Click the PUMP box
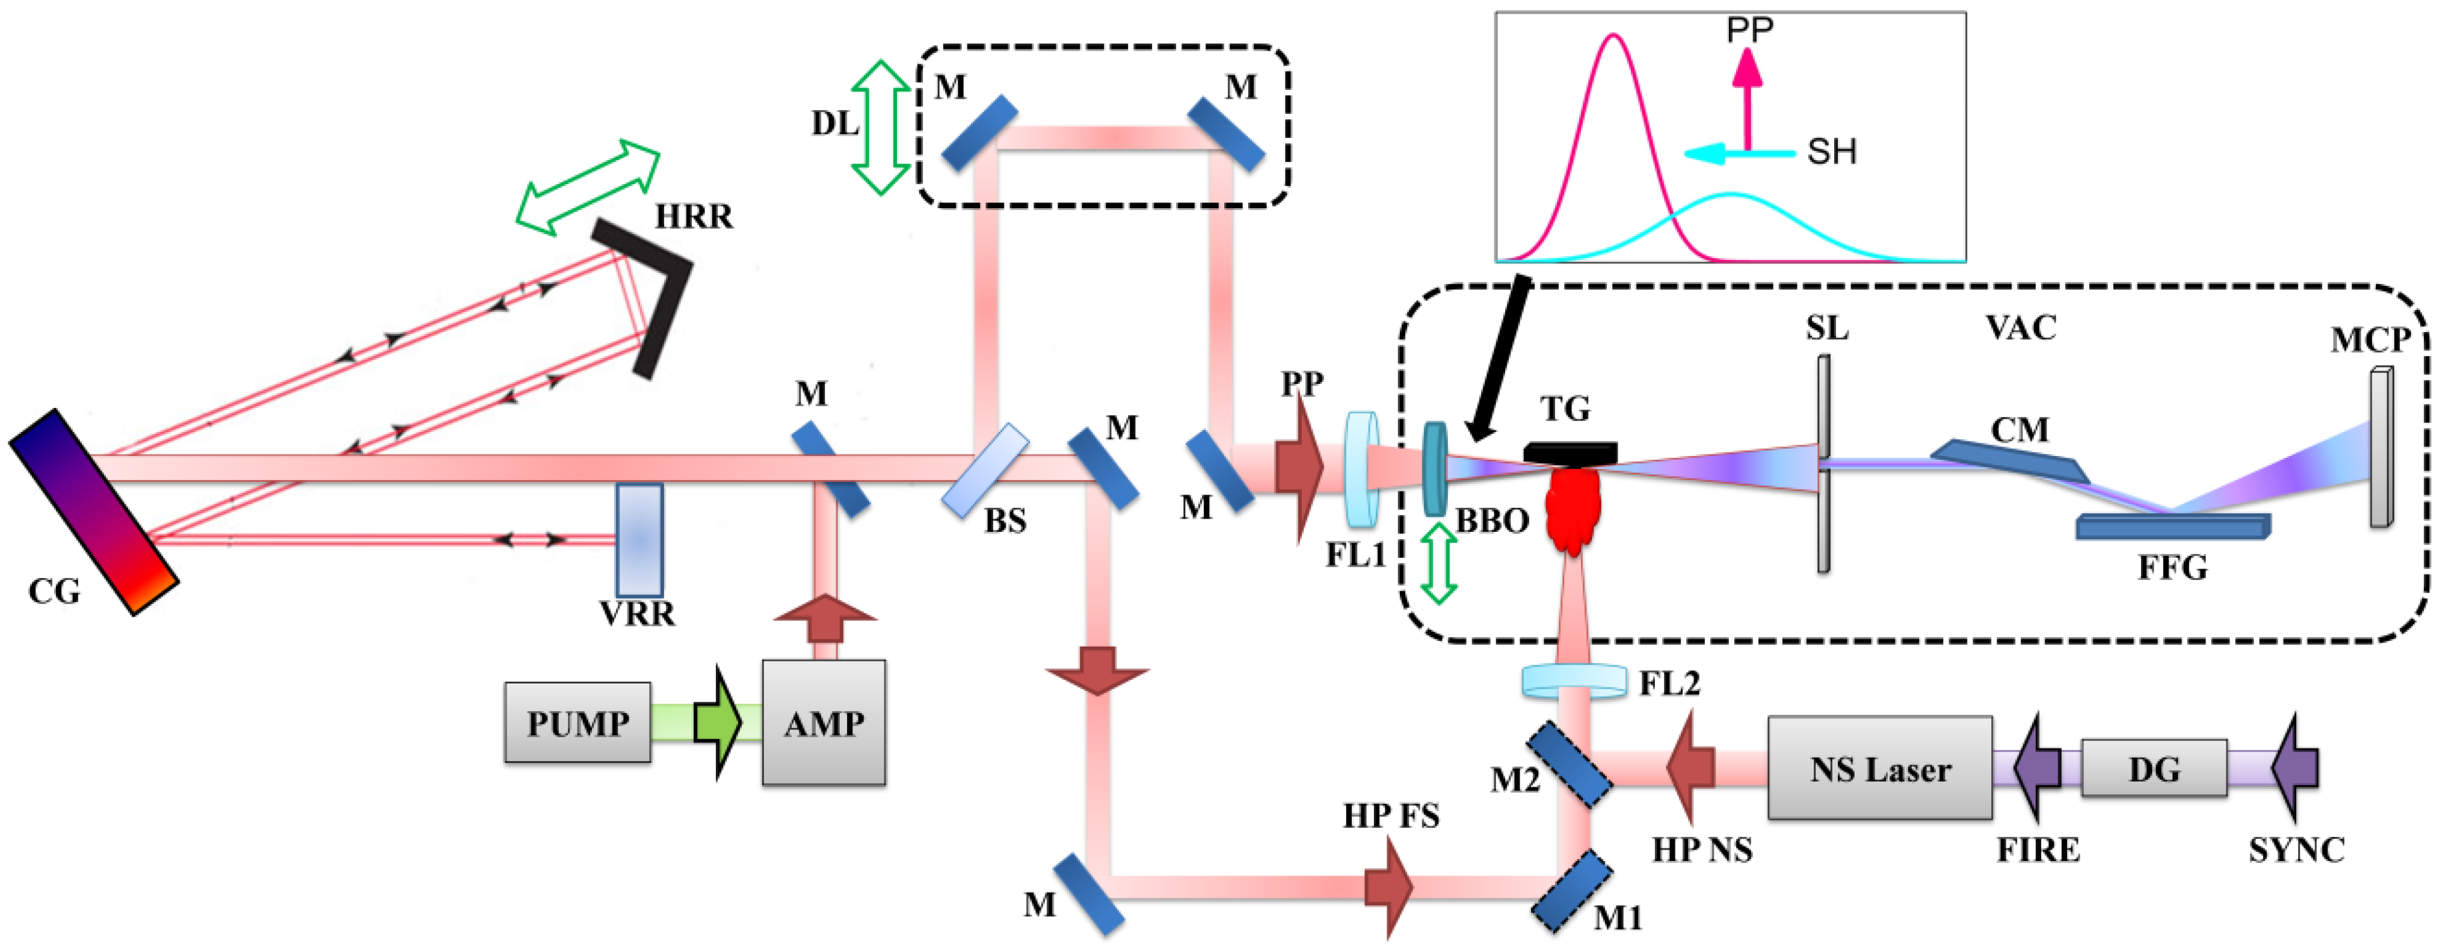coord(577,722)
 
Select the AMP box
coord(823,722)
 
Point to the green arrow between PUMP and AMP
coord(717,722)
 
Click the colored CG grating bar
coord(94,512)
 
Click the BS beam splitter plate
coord(985,470)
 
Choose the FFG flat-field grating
coord(2173,526)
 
